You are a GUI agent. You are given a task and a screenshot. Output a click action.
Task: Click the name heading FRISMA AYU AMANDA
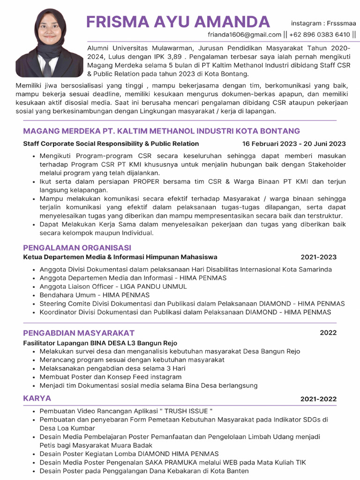click(178, 22)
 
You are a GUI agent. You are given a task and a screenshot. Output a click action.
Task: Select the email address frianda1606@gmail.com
click(245, 35)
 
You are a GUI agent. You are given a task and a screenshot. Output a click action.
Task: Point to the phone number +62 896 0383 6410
click(320, 35)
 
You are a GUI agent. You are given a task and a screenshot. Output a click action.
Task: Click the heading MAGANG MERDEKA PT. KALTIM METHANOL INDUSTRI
click(161, 131)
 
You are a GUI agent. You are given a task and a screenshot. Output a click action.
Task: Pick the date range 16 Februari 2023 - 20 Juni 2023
click(294, 144)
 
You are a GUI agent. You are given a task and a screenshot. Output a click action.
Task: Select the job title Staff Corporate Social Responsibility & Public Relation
click(111, 144)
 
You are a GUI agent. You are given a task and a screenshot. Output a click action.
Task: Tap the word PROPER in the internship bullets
click(147, 182)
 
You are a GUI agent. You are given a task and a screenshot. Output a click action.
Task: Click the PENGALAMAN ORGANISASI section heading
click(77, 247)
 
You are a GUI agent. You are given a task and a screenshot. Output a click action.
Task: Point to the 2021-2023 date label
click(318, 257)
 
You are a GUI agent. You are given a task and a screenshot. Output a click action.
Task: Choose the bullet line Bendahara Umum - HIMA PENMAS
click(95, 295)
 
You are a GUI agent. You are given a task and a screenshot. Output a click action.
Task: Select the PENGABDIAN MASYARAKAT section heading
click(79, 333)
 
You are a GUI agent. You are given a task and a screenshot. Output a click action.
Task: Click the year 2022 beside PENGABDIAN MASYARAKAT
click(328, 333)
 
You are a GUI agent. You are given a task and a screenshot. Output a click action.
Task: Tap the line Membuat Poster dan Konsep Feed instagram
click(111, 377)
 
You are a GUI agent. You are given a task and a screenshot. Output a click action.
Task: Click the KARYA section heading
click(37, 398)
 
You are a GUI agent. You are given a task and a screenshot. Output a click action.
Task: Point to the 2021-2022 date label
click(318, 399)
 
